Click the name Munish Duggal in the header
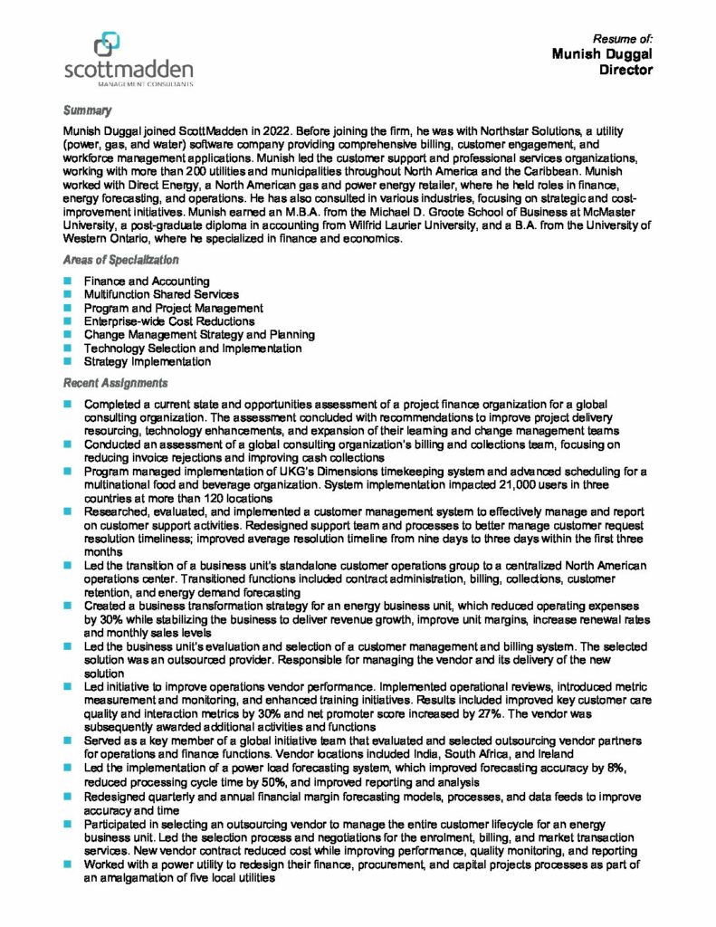(602, 54)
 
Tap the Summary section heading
(87, 110)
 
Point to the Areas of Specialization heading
(120, 261)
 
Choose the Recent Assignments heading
(115, 383)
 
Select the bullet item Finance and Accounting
(147, 282)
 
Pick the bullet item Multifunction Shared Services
(161, 294)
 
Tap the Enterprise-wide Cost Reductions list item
(169, 321)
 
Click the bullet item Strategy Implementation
(148, 361)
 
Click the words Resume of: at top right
(623, 39)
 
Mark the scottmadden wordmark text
(129, 70)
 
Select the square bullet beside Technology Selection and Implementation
(68, 349)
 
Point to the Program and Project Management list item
(174, 308)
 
